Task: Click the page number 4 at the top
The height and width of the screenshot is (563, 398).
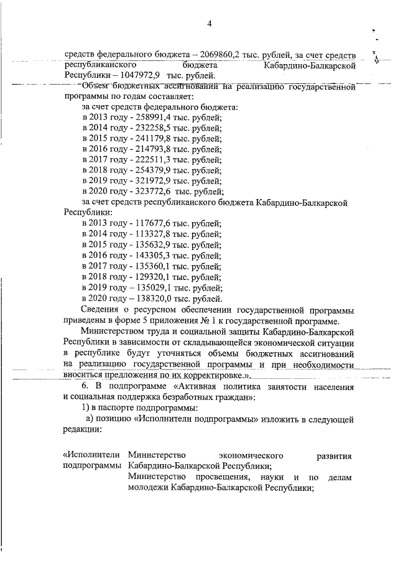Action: coord(210,24)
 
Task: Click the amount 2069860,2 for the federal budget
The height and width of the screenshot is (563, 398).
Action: coord(201,54)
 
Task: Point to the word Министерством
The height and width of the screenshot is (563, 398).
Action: coord(116,332)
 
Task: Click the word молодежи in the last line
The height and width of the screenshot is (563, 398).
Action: coord(149,488)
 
